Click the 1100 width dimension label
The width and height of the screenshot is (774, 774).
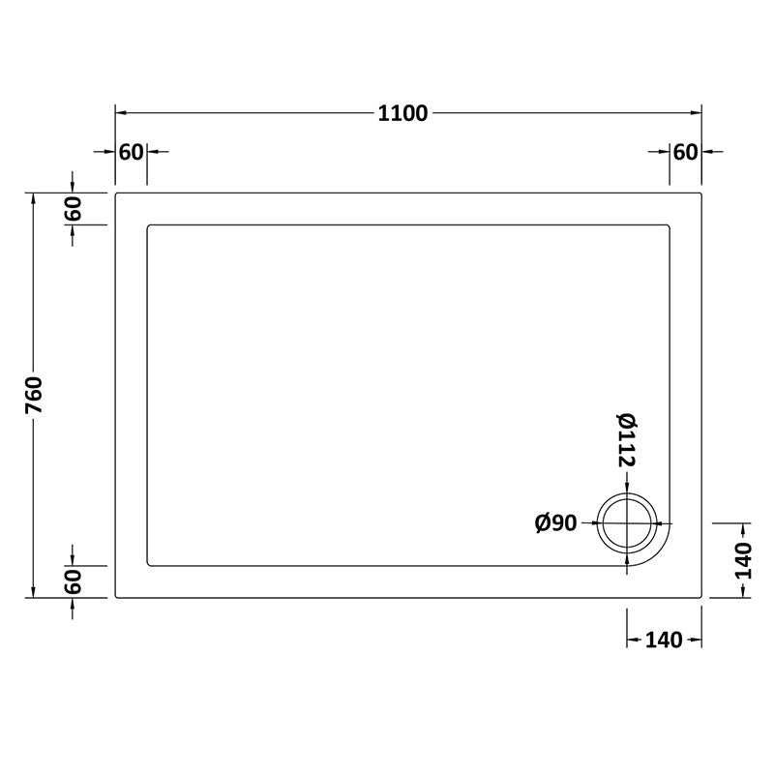click(402, 112)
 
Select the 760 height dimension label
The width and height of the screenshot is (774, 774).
click(35, 396)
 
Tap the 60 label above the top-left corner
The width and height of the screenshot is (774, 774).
click(131, 152)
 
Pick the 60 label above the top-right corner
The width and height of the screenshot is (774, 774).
click(685, 152)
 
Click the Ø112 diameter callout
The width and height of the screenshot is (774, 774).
click(625, 441)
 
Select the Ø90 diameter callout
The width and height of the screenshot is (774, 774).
click(555, 523)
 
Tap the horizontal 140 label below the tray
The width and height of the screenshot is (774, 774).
click(664, 640)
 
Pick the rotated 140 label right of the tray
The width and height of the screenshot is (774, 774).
click(743, 560)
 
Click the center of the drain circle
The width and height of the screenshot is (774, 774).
click(627, 522)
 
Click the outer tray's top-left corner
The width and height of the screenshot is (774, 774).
click(117, 194)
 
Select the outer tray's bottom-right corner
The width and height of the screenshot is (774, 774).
click(700, 597)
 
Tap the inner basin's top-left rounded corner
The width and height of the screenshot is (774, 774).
click(149, 227)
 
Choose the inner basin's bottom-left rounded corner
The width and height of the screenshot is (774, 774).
click(149, 564)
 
